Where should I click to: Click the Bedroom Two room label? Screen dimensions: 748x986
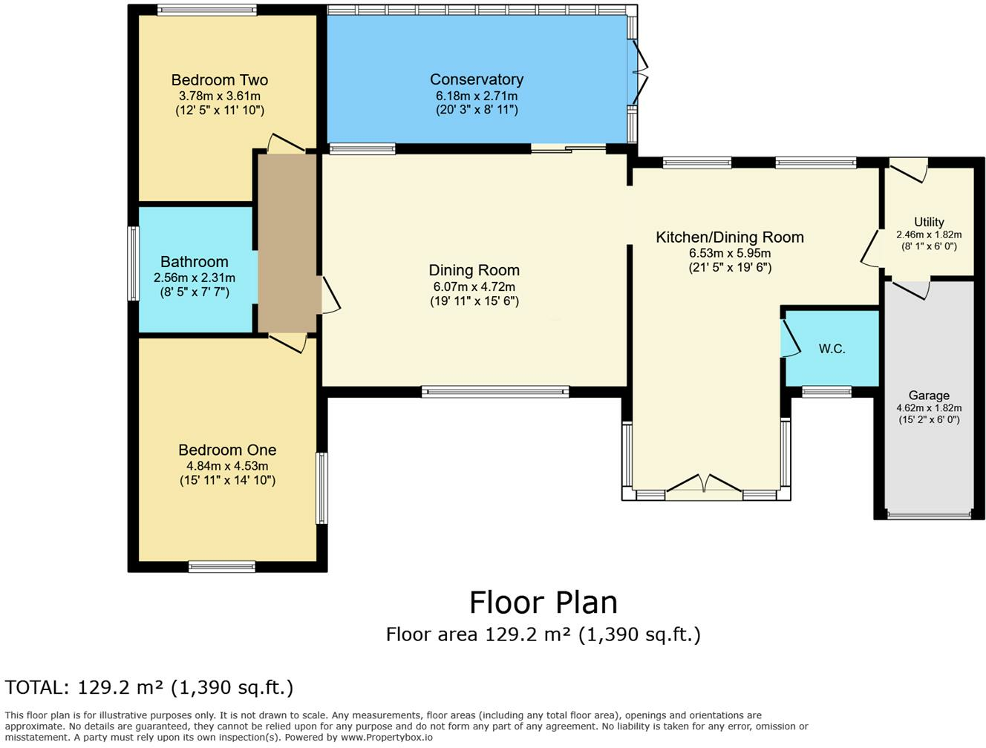point(219,80)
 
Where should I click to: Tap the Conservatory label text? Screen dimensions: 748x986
point(476,79)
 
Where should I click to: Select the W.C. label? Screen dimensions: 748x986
point(832,349)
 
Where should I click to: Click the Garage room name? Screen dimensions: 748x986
point(928,396)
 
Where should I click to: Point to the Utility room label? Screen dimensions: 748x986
point(928,222)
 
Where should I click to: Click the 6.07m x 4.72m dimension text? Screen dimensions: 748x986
point(474,286)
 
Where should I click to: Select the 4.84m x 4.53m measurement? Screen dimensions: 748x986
point(227,466)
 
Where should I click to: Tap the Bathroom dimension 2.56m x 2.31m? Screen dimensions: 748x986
point(195,278)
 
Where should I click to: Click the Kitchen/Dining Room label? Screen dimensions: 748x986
point(729,237)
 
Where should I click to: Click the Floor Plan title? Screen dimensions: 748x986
point(543,603)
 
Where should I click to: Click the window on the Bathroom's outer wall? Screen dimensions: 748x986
point(134,263)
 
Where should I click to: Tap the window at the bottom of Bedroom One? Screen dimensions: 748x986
point(221,567)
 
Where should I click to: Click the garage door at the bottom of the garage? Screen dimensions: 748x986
point(928,514)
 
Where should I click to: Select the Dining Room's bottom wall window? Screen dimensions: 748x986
point(495,391)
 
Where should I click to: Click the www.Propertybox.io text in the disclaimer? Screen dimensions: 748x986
point(386,737)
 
